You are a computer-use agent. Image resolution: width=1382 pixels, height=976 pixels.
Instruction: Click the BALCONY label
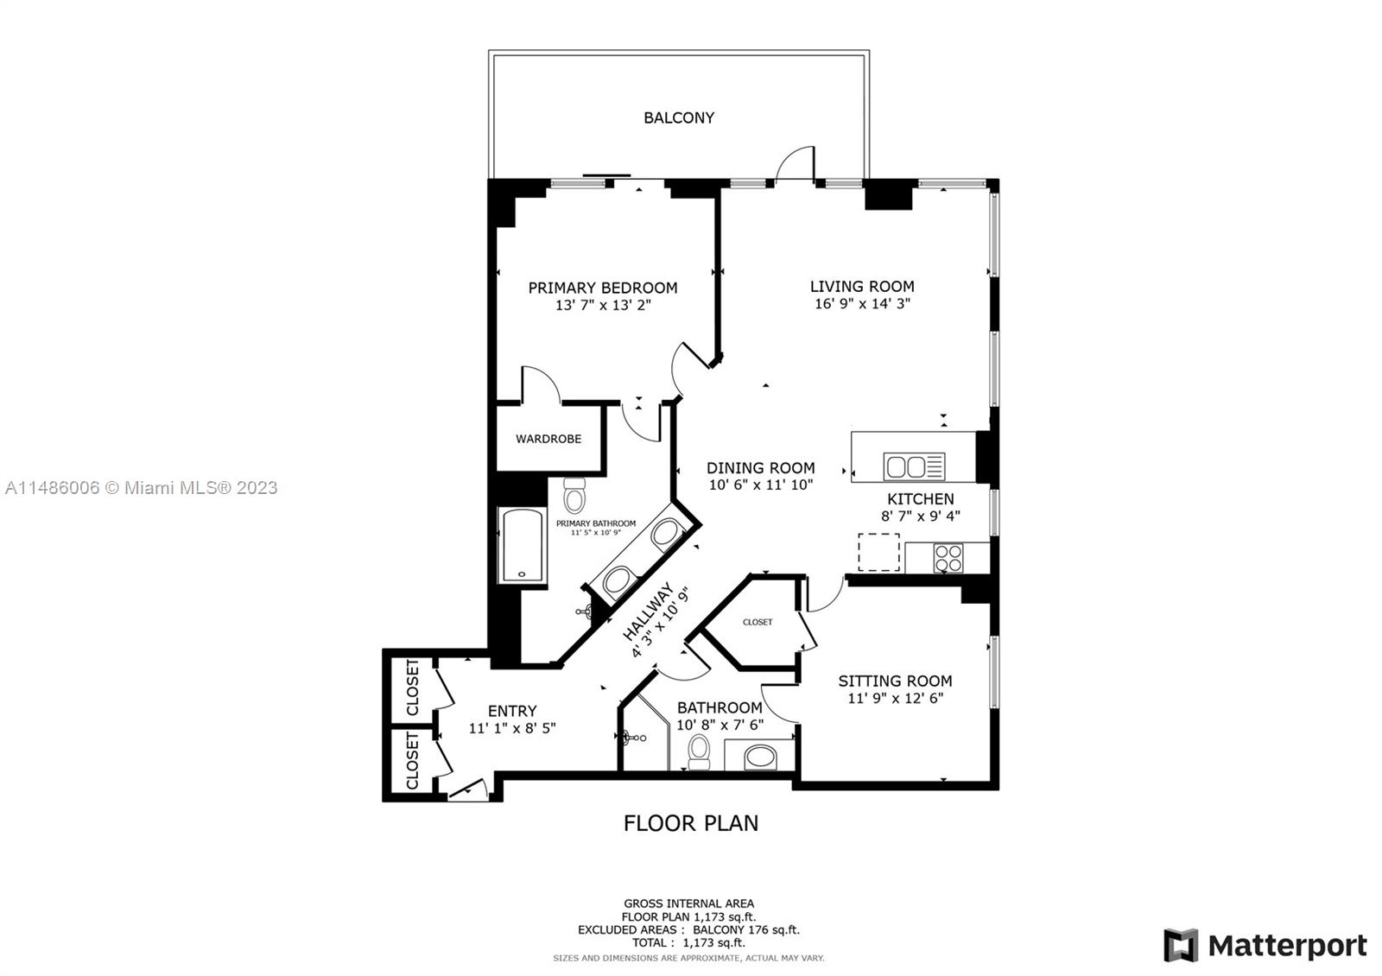pos(679,117)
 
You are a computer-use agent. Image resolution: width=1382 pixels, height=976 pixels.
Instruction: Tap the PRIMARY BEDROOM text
pos(602,288)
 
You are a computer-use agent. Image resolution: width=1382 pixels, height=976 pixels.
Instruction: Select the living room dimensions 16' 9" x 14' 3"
pos(862,304)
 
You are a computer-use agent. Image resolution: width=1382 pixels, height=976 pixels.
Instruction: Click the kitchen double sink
pos(914,467)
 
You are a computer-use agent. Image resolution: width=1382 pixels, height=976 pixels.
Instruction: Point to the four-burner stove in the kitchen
pos(948,557)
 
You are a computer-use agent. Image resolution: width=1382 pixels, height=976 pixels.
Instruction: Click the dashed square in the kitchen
pos(878,552)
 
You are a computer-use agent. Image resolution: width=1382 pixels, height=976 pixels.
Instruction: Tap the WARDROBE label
pos(548,439)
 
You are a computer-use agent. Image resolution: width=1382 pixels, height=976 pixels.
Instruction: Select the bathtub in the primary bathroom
pos(522,546)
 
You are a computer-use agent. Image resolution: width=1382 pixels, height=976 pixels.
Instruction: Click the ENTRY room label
pos(512,711)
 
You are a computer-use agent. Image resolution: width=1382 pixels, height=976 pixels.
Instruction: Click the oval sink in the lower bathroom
pos(760,757)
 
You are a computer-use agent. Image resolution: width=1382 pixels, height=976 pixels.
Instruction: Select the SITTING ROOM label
pos(895,681)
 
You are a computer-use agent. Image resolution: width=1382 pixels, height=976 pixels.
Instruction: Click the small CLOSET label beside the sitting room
pos(758,622)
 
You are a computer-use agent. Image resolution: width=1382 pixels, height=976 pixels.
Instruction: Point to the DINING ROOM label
pos(760,468)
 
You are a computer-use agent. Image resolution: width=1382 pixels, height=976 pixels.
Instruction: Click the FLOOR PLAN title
pos(691,823)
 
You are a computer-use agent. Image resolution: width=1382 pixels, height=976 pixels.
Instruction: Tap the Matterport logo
pos(1265,945)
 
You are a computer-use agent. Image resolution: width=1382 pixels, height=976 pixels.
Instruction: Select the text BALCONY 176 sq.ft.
pos(745,930)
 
